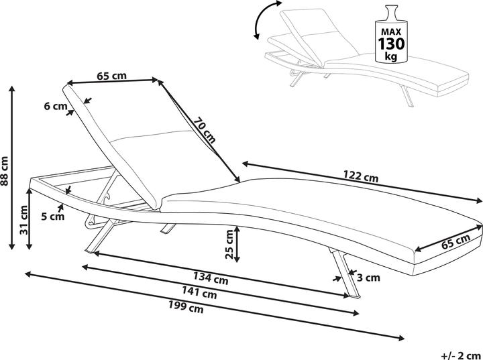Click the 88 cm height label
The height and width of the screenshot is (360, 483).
5,170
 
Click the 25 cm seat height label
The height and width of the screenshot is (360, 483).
229,244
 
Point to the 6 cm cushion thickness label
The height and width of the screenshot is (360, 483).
55,106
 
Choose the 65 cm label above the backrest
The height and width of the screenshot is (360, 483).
111,76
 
